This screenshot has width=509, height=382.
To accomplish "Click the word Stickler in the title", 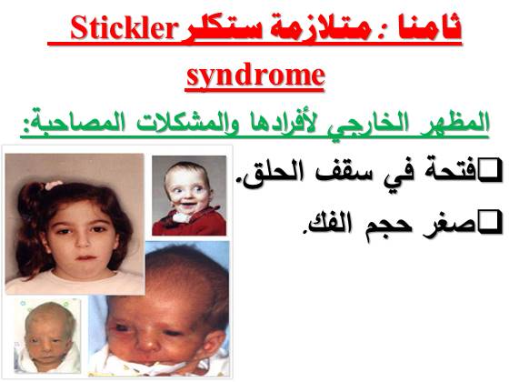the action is click(123, 28).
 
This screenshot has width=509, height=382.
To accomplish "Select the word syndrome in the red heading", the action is click(255, 75).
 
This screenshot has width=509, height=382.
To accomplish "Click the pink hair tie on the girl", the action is click(54, 185).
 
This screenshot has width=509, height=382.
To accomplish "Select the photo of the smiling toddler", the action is click(189, 196).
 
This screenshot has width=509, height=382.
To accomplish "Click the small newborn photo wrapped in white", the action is click(47, 336).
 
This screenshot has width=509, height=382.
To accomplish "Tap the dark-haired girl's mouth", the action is click(86, 257).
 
